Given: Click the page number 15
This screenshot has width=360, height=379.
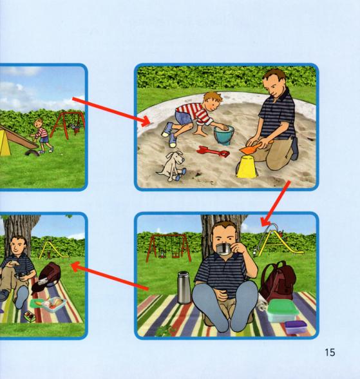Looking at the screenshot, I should [x=330, y=353].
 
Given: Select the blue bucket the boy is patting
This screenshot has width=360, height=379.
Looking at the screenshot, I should [x=224, y=135].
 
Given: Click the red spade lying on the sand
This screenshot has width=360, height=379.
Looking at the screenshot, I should [x=213, y=152].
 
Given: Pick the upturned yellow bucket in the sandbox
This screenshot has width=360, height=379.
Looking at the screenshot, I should [x=247, y=167].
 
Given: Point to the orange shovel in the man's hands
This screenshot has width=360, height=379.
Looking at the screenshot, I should [x=252, y=147].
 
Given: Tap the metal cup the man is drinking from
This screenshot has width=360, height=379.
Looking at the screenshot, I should [x=223, y=249].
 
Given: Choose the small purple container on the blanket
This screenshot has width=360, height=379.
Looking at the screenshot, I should [x=296, y=326].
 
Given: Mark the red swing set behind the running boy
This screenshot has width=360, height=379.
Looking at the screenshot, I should [x=68, y=122].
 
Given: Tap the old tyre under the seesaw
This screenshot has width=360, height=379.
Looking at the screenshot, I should [x=32, y=152].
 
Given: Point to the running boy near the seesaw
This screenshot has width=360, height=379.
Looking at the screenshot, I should [x=43, y=135].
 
